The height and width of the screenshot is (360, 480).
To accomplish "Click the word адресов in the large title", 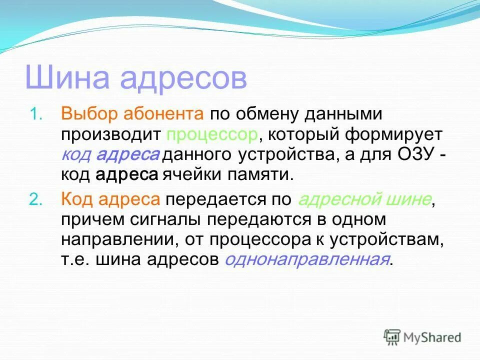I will [x=183, y=78].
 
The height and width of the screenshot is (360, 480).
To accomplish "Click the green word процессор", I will [x=213, y=134].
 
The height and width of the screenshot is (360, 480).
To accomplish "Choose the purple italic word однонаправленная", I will [x=307, y=260].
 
